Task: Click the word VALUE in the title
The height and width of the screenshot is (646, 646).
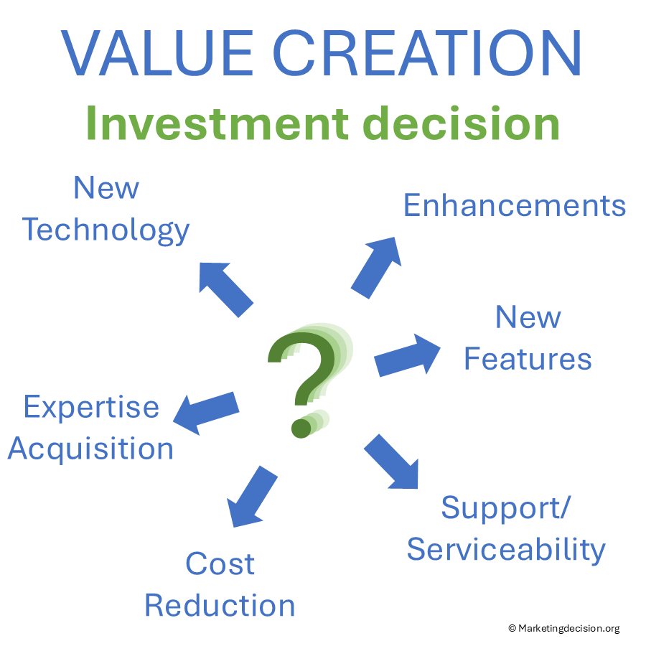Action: click(157, 53)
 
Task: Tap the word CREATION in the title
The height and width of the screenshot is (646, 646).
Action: click(427, 53)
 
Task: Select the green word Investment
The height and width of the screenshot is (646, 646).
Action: click(217, 123)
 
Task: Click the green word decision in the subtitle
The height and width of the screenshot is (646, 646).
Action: click(461, 123)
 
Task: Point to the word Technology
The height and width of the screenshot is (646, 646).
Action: click(106, 230)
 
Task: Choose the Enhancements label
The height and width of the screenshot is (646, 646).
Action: click(515, 205)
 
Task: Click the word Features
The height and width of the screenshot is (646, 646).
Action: click(528, 358)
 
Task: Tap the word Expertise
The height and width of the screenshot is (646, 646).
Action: click(91, 408)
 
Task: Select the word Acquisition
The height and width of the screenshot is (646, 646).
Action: click(90, 449)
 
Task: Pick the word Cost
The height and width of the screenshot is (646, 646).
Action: click(220, 563)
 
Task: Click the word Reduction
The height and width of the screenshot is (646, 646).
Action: click(220, 605)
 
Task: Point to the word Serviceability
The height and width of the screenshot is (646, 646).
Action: click(506, 550)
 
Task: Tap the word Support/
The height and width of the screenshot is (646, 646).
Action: click(506, 508)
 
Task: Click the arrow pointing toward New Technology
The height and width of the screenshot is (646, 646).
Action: click(225, 289)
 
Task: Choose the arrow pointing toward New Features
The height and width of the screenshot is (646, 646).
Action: click(407, 355)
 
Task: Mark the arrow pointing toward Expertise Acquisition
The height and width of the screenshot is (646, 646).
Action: click(206, 413)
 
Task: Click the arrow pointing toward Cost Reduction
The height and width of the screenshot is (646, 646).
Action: click(252, 497)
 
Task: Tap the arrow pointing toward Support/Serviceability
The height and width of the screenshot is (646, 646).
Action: click(391, 462)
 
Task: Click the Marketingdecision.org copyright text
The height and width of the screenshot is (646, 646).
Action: click(564, 628)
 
